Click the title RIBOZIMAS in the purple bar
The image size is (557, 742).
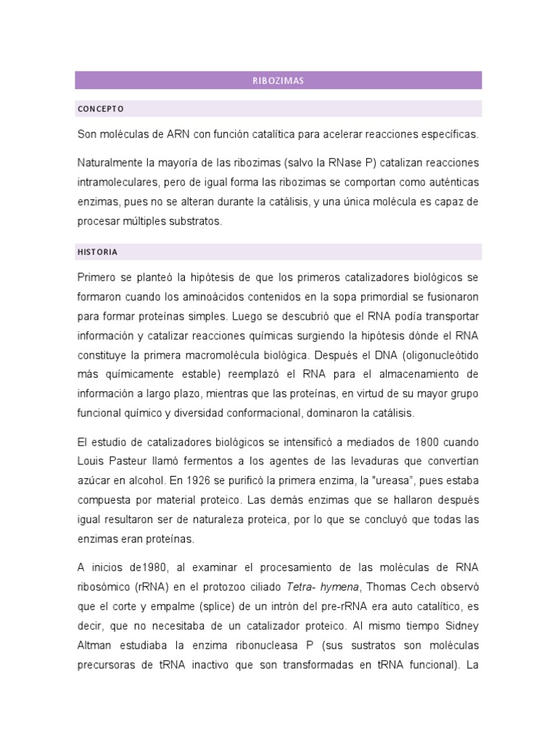click(x=278, y=80)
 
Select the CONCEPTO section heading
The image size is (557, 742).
click(x=100, y=109)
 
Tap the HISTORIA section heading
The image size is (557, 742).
click(x=97, y=252)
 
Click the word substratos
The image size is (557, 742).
click(x=195, y=222)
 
